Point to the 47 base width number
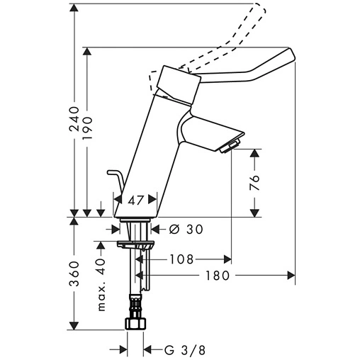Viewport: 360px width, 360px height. point(137,201)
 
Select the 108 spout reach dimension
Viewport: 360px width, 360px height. point(183,259)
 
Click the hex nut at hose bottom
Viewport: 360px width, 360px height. point(135,325)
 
